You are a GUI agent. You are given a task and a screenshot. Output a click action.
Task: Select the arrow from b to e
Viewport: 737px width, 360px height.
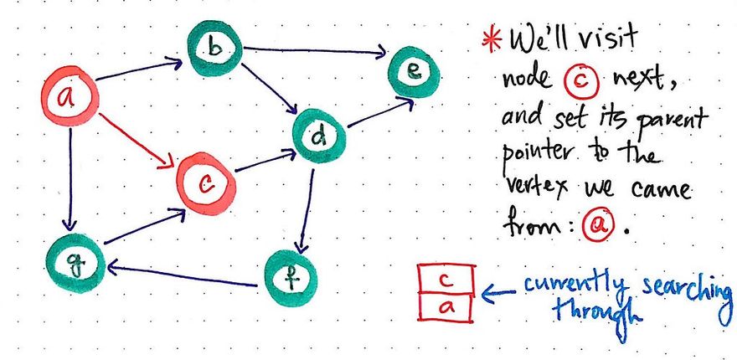(314, 52)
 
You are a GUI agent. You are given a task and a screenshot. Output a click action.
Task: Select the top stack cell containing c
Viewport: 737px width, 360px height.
(446, 277)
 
